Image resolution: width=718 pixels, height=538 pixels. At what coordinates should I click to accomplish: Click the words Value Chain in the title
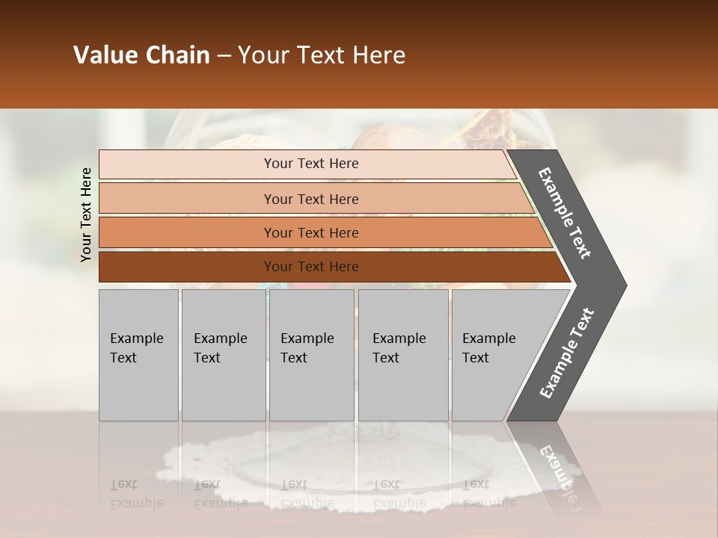(x=141, y=55)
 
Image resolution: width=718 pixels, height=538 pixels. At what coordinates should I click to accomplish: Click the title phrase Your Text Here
(x=322, y=55)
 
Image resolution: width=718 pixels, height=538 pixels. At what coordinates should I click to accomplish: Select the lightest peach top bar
(x=187, y=164)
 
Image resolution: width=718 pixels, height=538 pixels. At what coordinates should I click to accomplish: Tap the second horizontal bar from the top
(x=187, y=199)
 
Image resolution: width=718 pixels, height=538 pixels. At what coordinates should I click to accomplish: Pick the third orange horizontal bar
(x=187, y=232)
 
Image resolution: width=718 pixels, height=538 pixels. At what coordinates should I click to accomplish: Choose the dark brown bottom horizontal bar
(x=187, y=267)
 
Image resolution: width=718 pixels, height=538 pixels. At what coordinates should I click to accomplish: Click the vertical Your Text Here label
(x=86, y=214)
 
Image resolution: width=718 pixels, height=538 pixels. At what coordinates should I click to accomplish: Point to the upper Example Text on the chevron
(x=565, y=213)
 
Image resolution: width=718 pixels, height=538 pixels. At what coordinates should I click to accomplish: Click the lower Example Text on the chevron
(x=567, y=353)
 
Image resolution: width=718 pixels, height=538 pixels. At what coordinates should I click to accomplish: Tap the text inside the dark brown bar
(x=311, y=267)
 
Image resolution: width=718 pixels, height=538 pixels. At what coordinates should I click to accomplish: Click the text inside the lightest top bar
(x=311, y=164)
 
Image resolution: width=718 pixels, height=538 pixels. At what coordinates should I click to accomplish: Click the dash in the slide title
(x=224, y=56)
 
